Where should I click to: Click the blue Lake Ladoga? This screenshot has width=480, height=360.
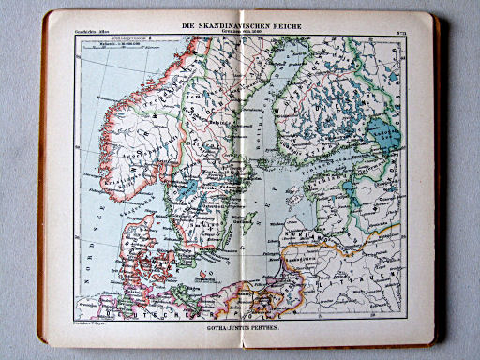pos(383,130)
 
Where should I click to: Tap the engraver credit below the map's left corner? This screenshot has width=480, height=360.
pos(94,321)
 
